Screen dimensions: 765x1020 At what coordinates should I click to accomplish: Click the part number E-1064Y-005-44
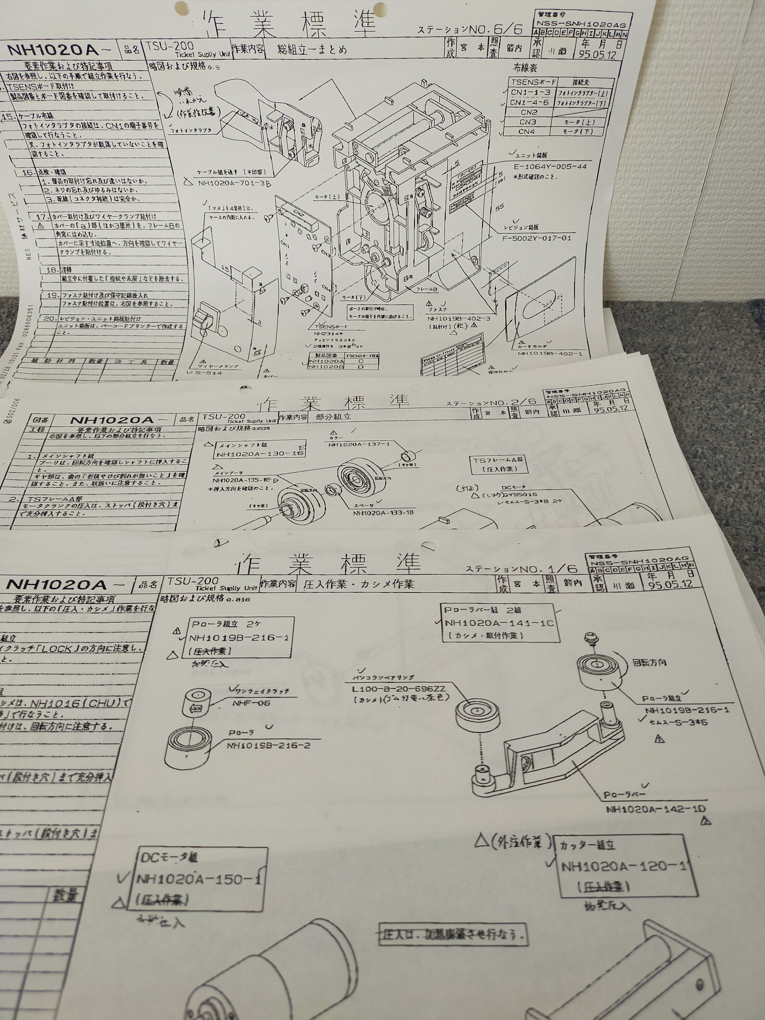(x=550, y=167)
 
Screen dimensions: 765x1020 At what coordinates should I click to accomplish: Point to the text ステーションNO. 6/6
(x=470, y=30)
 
